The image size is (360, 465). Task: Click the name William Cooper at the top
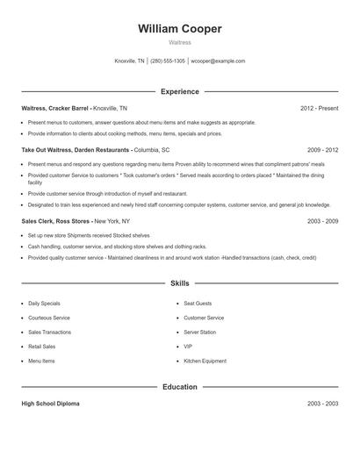coord(180,29)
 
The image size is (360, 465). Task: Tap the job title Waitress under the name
coord(180,41)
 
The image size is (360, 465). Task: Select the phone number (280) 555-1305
coord(168,61)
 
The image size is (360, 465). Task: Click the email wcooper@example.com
coord(218,61)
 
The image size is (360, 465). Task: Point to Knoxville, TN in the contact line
coord(130,61)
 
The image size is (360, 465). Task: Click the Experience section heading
coord(180,91)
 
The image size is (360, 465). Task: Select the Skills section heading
coord(180,283)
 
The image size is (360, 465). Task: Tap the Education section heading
coord(180,386)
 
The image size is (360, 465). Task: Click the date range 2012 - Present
coord(319,109)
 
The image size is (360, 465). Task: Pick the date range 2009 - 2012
coord(322,150)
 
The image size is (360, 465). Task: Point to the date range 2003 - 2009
coord(322,221)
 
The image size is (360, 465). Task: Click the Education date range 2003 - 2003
coord(322,404)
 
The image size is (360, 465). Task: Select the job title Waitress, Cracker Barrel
coord(54,109)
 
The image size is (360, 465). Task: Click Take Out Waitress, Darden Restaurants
coord(76,150)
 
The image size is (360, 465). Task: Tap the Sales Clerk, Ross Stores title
coord(55,221)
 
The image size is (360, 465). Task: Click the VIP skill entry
coord(188,347)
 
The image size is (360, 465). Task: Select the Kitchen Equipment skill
coord(204,361)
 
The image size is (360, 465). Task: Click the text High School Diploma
coord(50,404)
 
